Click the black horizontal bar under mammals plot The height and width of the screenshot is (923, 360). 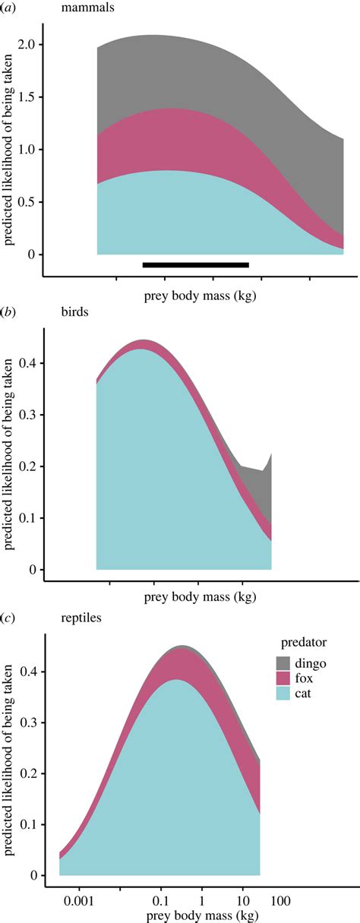[196, 264]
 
